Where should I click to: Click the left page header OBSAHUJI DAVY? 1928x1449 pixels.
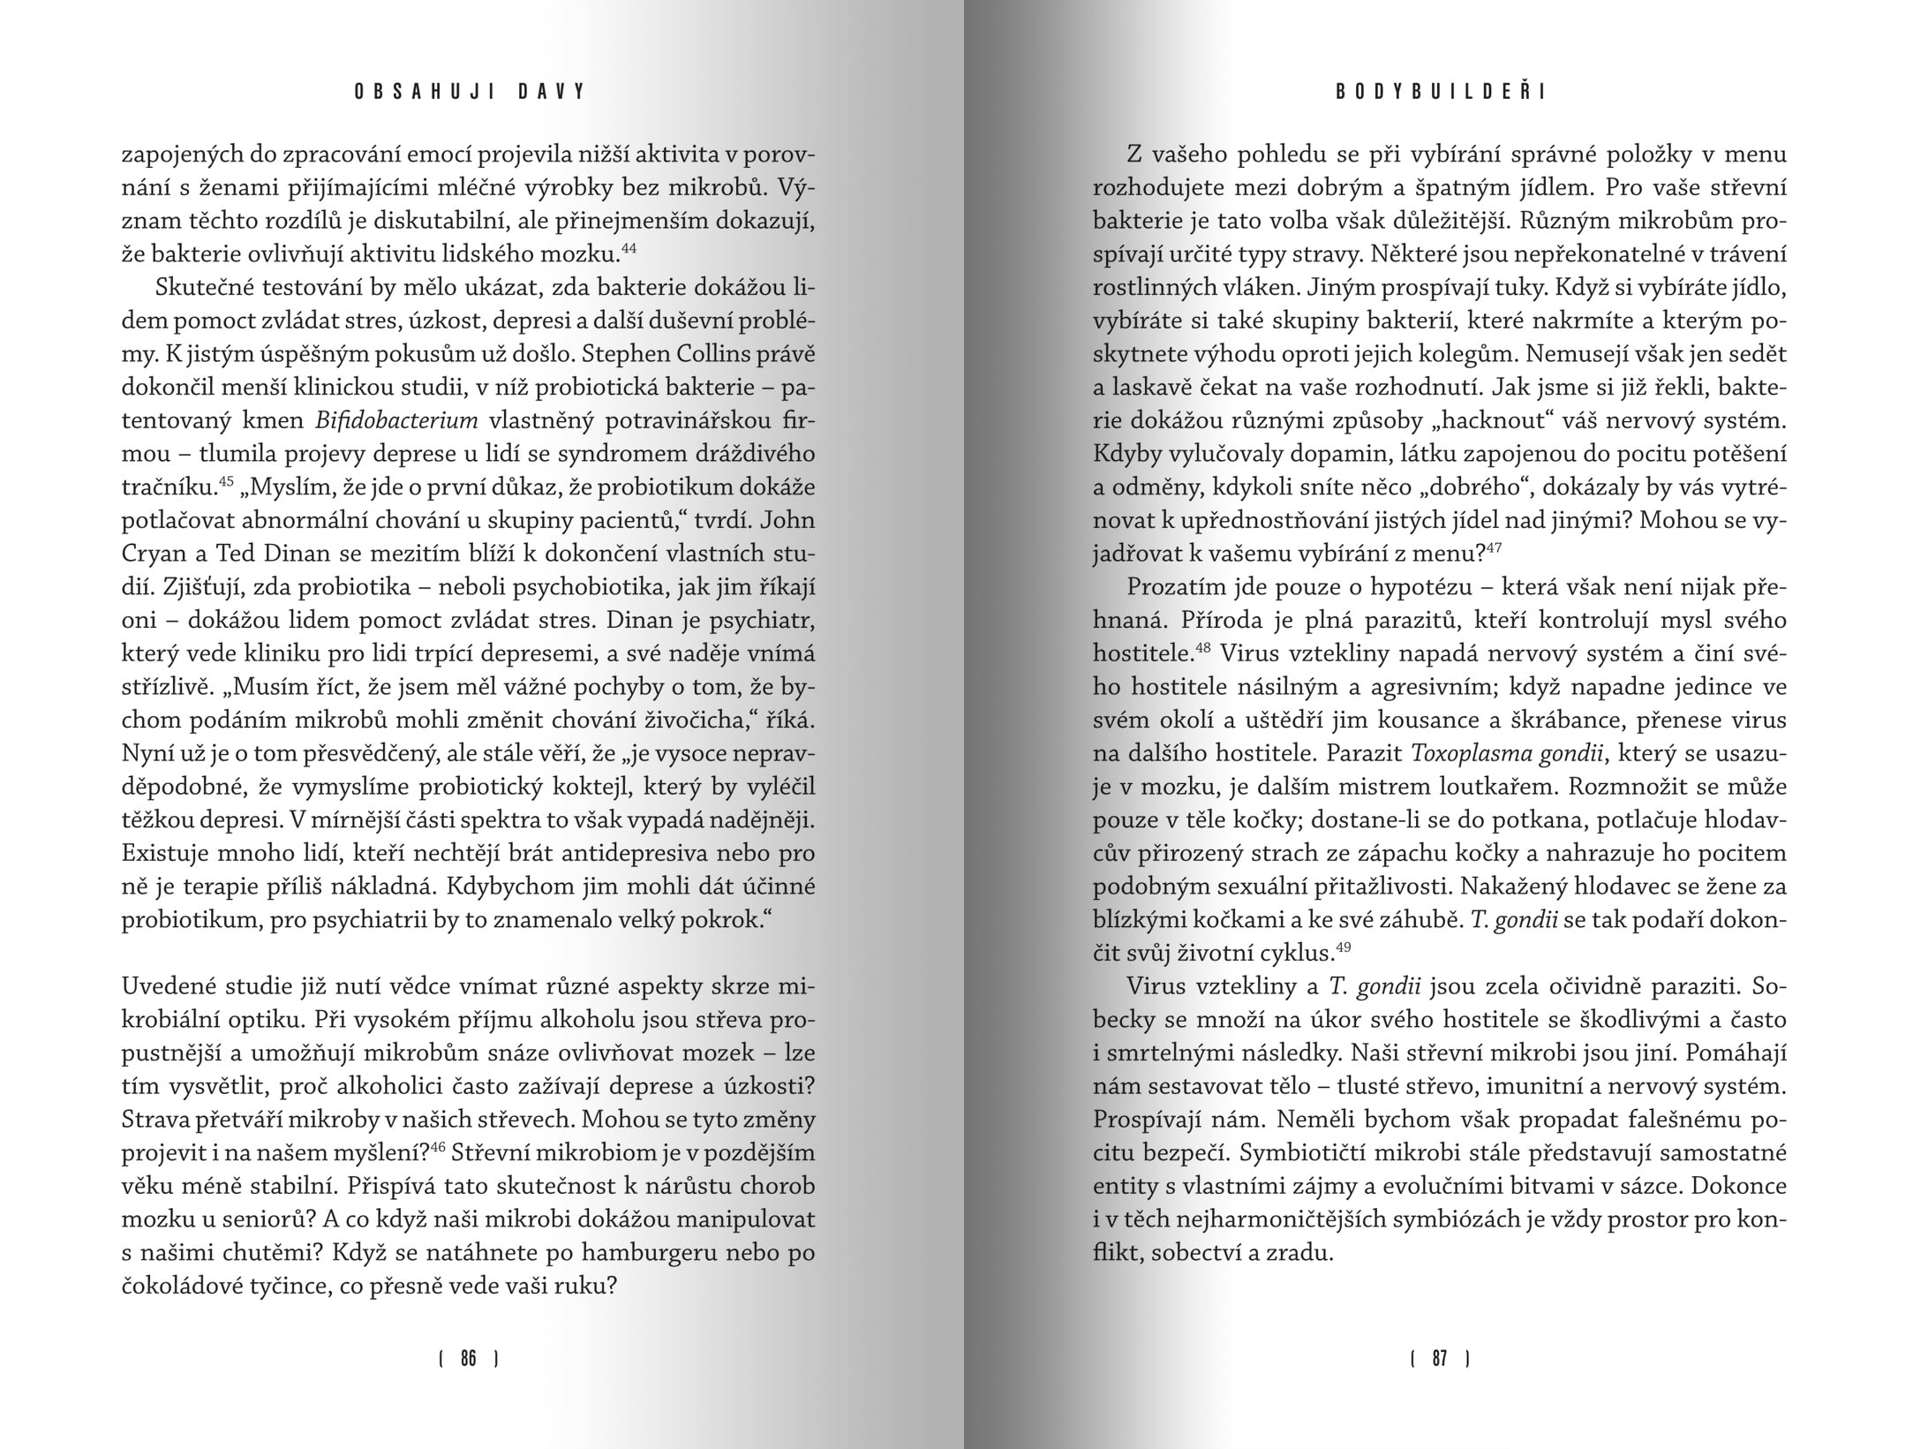(x=470, y=92)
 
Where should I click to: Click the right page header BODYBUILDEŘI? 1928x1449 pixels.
(x=1440, y=92)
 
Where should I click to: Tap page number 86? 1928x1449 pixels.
(x=469, y=1358)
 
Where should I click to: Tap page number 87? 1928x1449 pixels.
(x=1440, y=1358)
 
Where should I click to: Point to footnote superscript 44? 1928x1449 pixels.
(x=629, y=249)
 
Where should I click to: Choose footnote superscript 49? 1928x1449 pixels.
(x=1344, y=947)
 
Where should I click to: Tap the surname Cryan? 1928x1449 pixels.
(x=155, y=555)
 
